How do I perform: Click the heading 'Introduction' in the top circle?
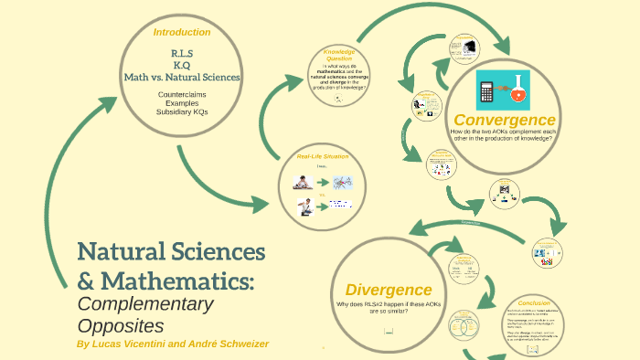[182, 32]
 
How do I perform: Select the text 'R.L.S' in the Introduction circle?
[181, 54]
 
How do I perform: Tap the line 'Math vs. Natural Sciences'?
[182, 77]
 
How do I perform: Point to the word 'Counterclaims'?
[182, 94]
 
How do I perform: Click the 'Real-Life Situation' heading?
[323, 156]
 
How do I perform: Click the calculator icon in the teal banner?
[487, 90]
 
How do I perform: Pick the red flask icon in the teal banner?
[519, 90]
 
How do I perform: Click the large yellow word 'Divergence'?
[389, 290]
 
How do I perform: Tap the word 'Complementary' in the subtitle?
[144, 303]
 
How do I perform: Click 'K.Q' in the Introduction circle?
[181, 65]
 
